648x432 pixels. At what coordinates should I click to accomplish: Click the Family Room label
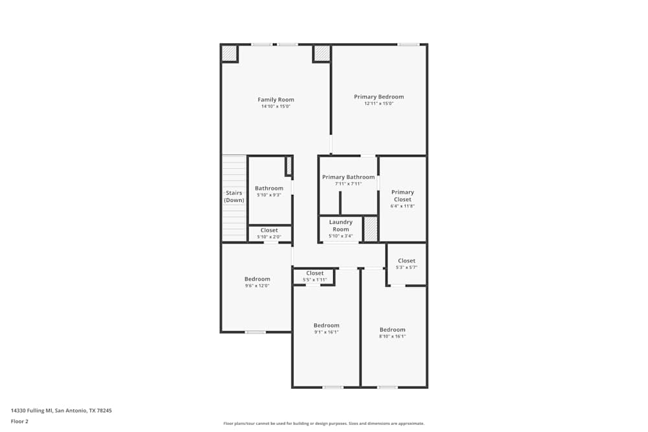pos(276,100)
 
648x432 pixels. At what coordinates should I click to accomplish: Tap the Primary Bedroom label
pos(378,97)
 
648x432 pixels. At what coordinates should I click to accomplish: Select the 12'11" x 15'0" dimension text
pos(378,104)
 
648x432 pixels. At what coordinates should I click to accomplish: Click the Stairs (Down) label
pos(234,196)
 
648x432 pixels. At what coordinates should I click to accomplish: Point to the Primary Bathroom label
pos(348,177)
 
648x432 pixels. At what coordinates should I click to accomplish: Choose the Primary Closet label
pos(402,196)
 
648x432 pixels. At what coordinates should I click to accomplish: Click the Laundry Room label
pos(340,225)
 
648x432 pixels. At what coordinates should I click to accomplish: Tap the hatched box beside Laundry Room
pos(370,229)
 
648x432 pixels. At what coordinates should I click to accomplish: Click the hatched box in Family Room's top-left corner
pos(229,52)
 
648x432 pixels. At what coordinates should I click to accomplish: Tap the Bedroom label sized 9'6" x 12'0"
pos(257,279)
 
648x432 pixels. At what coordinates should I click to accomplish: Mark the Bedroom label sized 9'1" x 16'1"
pos(326,325)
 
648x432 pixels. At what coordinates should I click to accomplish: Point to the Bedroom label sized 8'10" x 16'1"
pos(393,330)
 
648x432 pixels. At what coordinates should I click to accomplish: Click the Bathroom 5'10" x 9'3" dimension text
pos(268,195)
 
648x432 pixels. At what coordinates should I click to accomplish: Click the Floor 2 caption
pos(19,421)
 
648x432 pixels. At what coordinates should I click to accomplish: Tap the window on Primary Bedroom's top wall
pos(408,44)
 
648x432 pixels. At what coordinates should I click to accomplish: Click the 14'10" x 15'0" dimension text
pos(276,107)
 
